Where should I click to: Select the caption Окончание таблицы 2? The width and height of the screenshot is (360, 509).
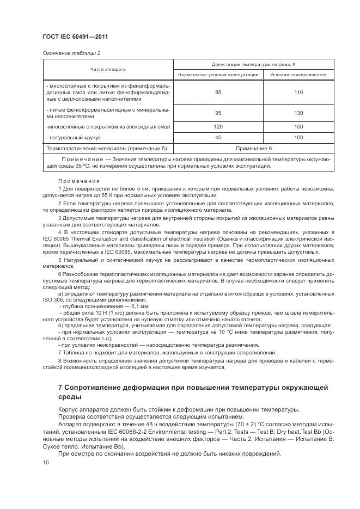click(71, 53)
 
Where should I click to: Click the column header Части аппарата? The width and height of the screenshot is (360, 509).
click(108, 69)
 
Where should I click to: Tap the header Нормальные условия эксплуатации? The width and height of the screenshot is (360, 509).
click(218, 74)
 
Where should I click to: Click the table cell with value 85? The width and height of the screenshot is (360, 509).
click(218, 93)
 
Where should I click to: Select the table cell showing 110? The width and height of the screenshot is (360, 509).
click(298, 93)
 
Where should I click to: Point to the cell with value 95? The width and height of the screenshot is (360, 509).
click(218, 113)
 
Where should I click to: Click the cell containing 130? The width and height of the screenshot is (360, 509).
click(298, 113)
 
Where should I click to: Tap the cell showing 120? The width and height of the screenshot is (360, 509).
click(218, 127)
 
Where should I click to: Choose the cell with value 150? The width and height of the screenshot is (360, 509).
click(298, 127)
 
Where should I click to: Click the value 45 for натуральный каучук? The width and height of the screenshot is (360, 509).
click(218, 138)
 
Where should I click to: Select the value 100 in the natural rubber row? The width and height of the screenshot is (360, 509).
click(298, 138)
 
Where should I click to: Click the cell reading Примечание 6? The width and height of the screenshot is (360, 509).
click(253, 148)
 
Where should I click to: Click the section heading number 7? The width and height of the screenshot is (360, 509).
click(60, 387)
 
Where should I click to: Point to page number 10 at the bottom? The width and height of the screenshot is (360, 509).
click(45, 463)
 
